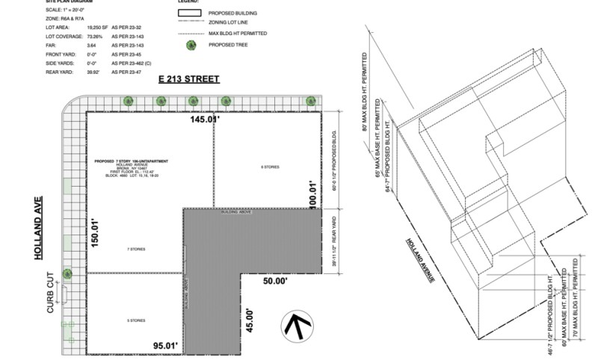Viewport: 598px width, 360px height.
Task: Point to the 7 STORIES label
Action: pyautogui.click(x=135, y=249)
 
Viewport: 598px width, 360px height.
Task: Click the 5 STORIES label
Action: pyautogui.click(x=135, y=320)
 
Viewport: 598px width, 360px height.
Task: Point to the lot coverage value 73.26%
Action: pyautogui.click(x=87, y=35)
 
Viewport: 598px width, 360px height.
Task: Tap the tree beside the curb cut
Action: pyautogui.click(x=67, y=273)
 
